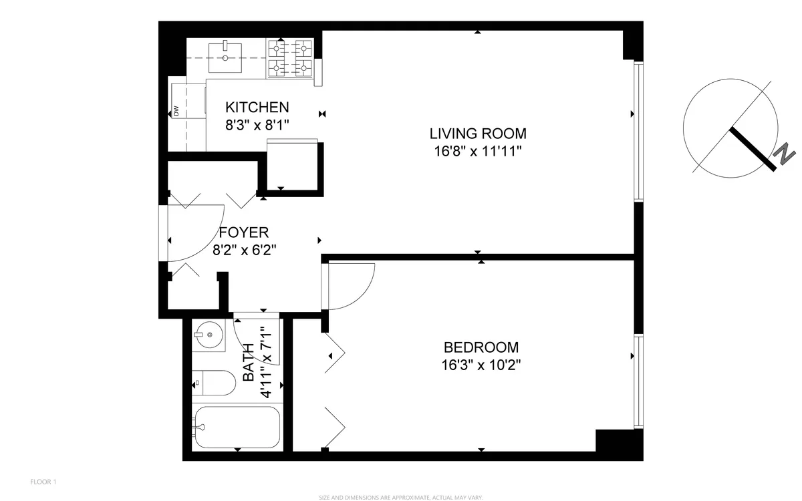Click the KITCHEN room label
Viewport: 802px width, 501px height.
pyautogui.click(x=257, y=107)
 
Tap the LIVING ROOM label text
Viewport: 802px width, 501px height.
pyautogui.click(x=477, y=133)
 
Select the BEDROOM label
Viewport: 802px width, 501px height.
pyautogui.click(x=481, y=347)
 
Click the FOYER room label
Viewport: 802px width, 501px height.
pyautogui.click(x=244, y=232)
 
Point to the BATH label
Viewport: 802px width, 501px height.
pyautogui.click(x=249, y=363)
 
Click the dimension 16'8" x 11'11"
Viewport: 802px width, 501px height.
pyautogui.click(x=477, y=151)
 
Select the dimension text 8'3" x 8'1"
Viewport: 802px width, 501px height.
pyautogui.click(x=257, y=124)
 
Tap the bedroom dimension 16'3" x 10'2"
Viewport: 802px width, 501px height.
pyautogui.click(x=481, y=365)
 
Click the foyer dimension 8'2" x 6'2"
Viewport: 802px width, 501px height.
pyautogui.click(x=244, y=250)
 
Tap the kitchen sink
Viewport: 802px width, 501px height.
pyautogui.click(x=226, y=57)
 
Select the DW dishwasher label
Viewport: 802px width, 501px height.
pyautogui.click(x=176, y=111)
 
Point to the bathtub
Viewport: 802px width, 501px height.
pyautogui.click(x=237, y=428)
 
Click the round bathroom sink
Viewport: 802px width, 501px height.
pyautogui.click(x=209, y=334)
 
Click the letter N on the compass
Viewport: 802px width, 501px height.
pyautogui.click(x=783, y=154)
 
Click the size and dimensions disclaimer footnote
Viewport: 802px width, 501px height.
pyautogui.click(x=400, y=497)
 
